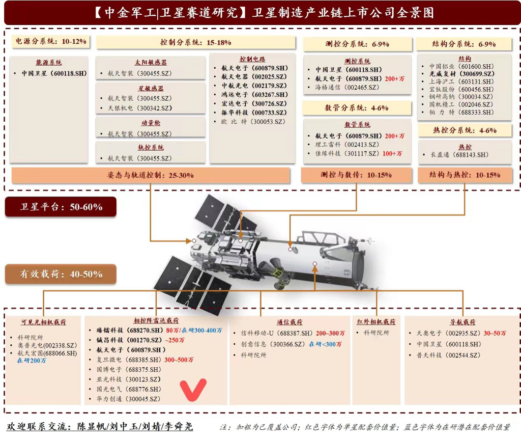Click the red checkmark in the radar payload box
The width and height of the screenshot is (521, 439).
click(x=193, y=390)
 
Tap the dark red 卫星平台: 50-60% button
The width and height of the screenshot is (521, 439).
click(x=61, y=207)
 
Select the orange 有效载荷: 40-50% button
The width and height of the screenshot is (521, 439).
click(x=61, y=274)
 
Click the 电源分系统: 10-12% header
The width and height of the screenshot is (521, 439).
click(x=51, y=41)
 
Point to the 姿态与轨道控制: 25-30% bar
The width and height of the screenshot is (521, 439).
click(x=151, y=175)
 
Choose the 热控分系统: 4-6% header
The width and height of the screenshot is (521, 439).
click(x=465, y=130)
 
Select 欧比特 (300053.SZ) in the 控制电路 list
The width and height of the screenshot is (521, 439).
click(x=253, y=122)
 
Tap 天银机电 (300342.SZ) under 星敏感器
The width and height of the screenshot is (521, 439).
click(x=140, y=108)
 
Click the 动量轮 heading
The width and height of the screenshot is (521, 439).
click(x=151, y=123)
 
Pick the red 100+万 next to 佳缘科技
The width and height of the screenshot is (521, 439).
click(x=392, y=154)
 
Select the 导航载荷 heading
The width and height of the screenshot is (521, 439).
click(x=462, y=322)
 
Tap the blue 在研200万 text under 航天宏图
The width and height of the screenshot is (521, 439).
click(x=32, y=361)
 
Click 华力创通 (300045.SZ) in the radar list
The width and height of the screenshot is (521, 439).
click(x=129, y=399)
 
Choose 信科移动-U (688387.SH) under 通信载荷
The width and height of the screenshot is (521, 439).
click(x=277, y=333)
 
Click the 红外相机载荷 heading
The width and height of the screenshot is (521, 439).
click(x=376, y=321)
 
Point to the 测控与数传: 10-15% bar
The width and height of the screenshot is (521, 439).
click(x=356, y=175)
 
